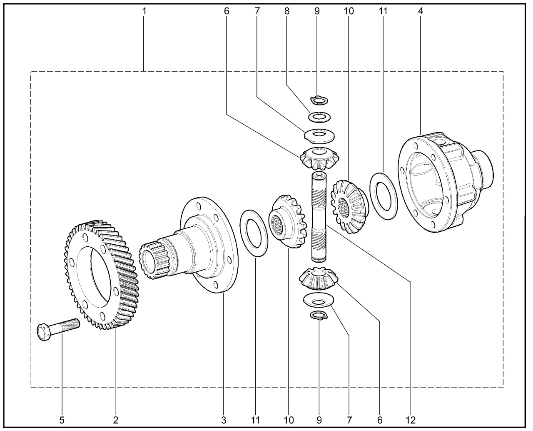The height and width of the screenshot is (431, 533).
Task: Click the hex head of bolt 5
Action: [44, 332]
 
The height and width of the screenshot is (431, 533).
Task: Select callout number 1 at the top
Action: [144, 11]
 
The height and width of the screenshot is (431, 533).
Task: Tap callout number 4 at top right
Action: [421, 11]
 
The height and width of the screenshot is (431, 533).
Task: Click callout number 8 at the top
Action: [287, 11]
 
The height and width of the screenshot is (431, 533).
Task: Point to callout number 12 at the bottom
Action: [411, 420]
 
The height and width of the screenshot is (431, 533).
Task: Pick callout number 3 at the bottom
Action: [224, 420]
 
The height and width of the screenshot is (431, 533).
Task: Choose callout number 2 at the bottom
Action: [116, 420]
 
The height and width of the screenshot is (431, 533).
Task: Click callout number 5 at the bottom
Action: [62, 420]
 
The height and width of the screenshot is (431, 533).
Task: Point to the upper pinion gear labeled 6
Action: [319, 158]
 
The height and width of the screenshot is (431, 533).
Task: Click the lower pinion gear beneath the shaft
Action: [319, 278]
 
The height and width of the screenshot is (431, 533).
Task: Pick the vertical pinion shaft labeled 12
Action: [319, 217]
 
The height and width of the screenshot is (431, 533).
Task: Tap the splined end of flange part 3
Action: [154, 261]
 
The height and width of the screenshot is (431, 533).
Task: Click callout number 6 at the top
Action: [227, 11]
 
